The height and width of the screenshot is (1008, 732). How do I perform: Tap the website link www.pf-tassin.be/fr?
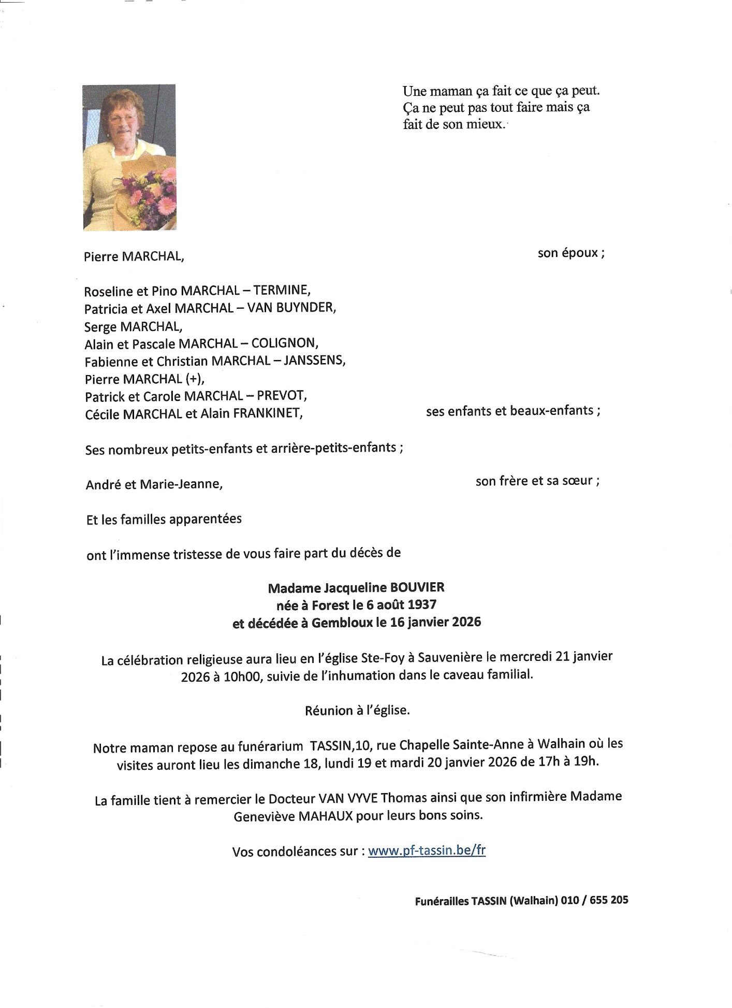(x=427, y=851)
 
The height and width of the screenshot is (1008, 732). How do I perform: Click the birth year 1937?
(x=422, y=604)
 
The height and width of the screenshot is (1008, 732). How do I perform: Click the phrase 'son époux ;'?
(x=571, y=253)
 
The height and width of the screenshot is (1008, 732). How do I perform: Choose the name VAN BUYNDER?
(x=291, y=308)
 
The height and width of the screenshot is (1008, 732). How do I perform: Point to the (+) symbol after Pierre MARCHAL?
(x=194, y=379)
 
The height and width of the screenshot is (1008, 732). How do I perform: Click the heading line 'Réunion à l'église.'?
(x=357, y=710)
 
